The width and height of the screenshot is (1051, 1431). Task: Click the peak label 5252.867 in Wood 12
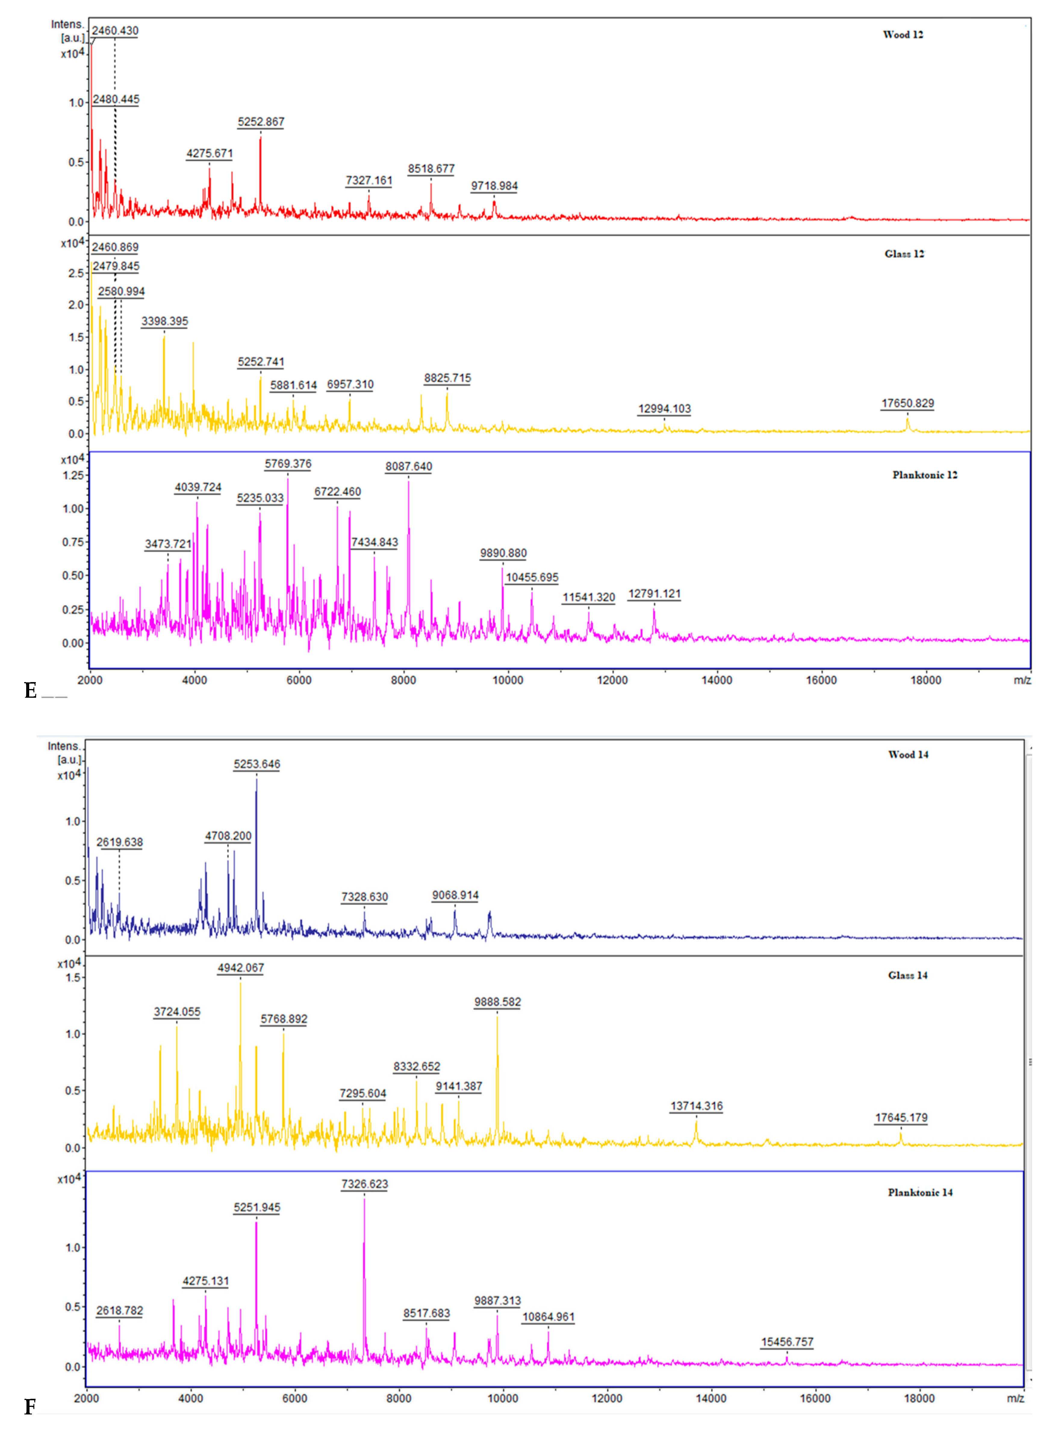(x=261, y=122)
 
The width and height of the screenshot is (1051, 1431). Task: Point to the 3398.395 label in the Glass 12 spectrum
(x=165, y=321)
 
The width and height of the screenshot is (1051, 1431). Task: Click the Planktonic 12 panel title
(x=924, y=475)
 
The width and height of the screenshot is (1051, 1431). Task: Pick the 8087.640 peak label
(x=409, y=466)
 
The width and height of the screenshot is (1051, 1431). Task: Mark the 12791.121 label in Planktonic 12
(x=654, y=594)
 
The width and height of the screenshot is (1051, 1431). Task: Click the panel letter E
(x=30, y=691)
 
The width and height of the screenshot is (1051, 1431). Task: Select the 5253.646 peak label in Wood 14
(x=257, y=764)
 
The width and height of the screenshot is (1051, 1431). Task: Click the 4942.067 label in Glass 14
(x=241, y=968)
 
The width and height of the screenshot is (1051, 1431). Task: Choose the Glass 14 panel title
(x=907, y=975)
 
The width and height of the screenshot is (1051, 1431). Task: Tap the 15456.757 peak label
(x=787, y=1342)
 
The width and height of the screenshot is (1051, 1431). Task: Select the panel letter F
(x=29, y=1407)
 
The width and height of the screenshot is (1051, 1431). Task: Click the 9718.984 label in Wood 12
(x=494, y=186)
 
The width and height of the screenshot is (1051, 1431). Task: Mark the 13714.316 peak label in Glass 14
(x=696, y=1106)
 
